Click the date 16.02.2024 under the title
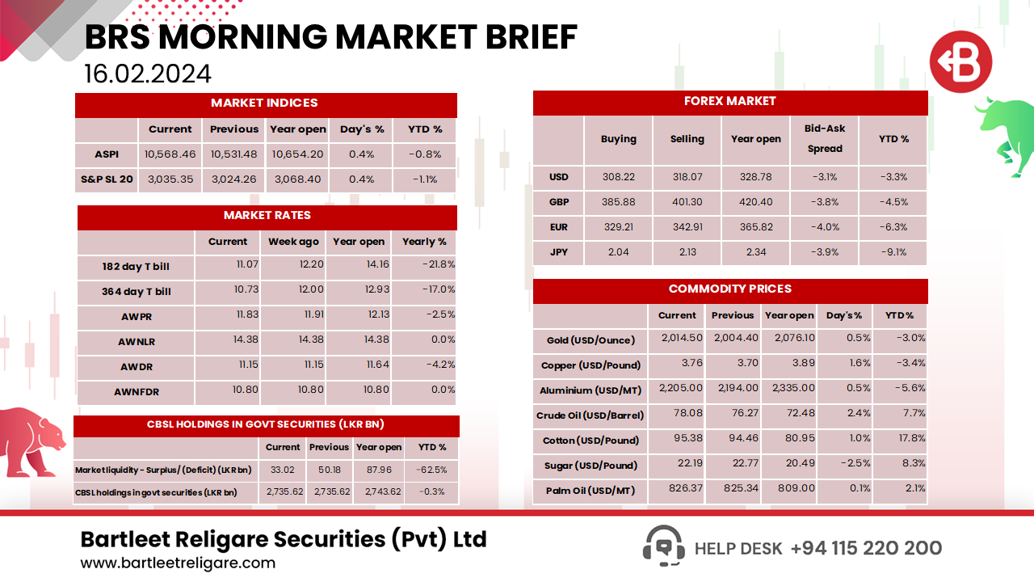coord(148,74)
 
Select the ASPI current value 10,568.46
coord(170,154)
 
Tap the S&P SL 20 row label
coord(106,179)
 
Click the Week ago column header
coord(293,242)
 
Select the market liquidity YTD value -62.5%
coord(432,470)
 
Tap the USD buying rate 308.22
coord(618,177)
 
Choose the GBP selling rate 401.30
coord(687,202)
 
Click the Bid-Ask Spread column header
coord(824,138)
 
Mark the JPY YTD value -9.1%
coord(893,252)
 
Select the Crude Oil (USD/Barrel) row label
coord(590,415)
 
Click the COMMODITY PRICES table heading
coord(729,289)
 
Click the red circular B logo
coord(960,61)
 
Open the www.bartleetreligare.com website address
coord(178,563)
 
